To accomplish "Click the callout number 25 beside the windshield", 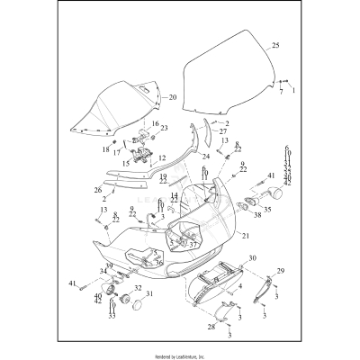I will tap(275, 44).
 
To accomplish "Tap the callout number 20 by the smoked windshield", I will tap(174, 97).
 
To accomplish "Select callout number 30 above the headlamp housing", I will tap(251, 257).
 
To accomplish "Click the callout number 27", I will tap(222, 131).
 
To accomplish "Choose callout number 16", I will tap(155, 123).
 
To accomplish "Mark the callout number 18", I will tap(105, 148).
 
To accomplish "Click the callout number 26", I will tap(98, 190).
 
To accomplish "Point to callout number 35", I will tap(266, 209).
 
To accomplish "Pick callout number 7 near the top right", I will tap(280, 91).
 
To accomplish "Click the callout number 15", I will tap(126, 165).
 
